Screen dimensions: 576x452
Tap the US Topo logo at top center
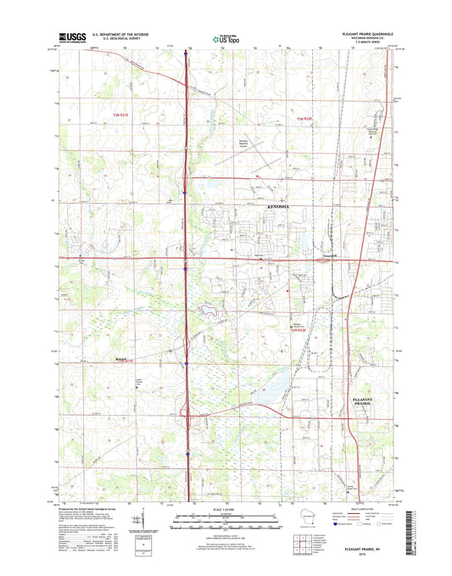pyautogui.click(x=225, y=37)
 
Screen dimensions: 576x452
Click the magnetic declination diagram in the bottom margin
pyautogui.click(x=137, y=517)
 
